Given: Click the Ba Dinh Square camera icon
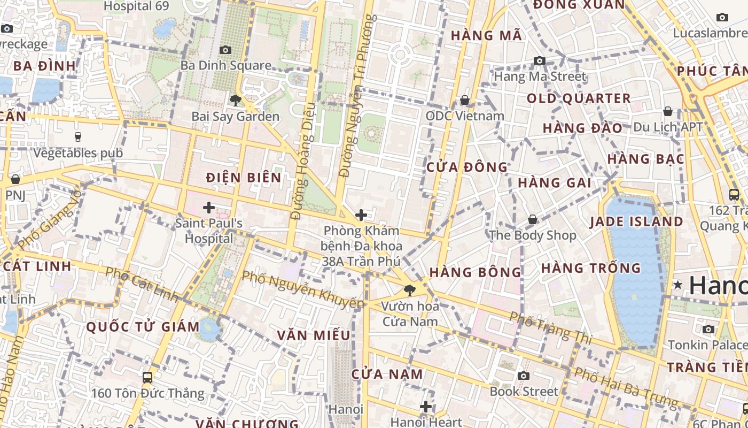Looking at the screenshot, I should (x=225, y=50).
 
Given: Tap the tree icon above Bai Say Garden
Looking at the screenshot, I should (x=235, y=100).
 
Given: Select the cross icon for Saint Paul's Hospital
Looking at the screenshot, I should (x=209, y=207).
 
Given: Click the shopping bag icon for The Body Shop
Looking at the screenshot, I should (x=533, y=219).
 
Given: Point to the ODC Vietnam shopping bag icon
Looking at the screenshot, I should (x=465, y=100).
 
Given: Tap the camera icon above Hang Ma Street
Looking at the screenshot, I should (x=540, y=61).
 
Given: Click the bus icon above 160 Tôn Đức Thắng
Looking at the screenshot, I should (x=147, y=378).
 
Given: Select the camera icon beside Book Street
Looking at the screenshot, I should (x=524, y=376).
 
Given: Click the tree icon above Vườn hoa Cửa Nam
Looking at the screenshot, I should (x=410, y=291).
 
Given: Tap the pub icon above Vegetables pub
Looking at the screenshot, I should (x=78, y=137).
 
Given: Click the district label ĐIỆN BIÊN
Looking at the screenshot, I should (x=244, y=178).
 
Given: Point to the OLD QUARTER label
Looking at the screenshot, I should (x=579, y=98).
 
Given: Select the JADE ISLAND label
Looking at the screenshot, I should (x=636, y=221).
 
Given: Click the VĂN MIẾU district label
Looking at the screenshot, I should (x=314, y=335).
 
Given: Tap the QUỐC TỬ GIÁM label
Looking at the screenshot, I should (x=143, y=326).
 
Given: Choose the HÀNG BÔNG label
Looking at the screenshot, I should (x=475, y=272).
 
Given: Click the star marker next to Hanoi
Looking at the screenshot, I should (x=678, y=285).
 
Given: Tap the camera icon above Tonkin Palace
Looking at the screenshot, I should (x=708, y=329).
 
